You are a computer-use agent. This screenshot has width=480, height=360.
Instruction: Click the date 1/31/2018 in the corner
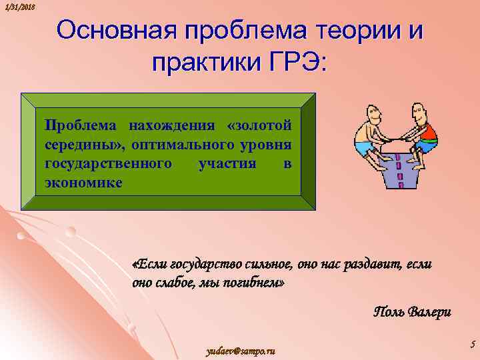pos(18,7)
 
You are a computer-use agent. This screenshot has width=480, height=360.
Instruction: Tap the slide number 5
pos(472,345)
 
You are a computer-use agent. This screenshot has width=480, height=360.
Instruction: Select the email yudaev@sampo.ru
pos(241,351)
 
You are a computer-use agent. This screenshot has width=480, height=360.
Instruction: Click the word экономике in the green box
pos(83,181)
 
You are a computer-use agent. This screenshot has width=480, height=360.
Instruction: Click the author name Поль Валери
pos(412,312)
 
